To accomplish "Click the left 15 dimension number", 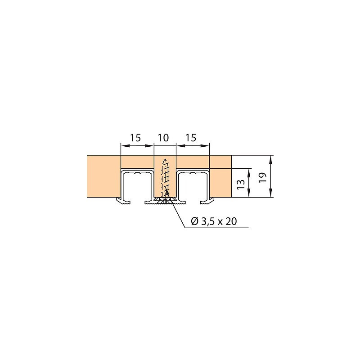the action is pos(135,138).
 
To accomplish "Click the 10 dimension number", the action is pos(163,138).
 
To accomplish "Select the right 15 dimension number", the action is pos(191,138).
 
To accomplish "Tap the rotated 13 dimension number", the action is pos(241,184).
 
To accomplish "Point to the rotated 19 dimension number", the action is pos(263,177).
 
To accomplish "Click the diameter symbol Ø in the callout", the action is pos(195,221).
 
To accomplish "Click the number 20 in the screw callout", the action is pos(231,221).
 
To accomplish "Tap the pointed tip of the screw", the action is pos(164,159).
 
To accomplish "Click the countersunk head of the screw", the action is pos(165,202).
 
